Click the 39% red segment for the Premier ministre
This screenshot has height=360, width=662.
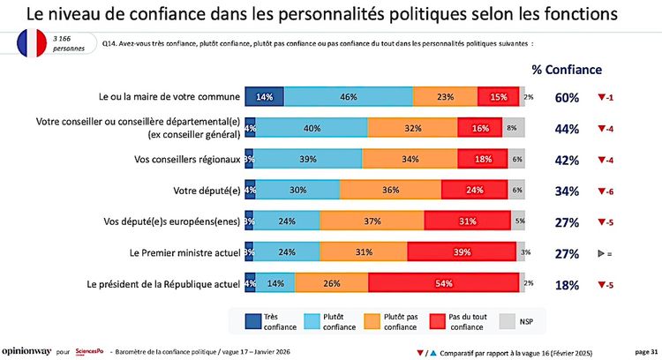coord(463,252)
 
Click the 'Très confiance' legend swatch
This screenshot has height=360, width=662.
coord(257,319)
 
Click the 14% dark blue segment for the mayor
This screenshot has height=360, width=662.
coord(265,96)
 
